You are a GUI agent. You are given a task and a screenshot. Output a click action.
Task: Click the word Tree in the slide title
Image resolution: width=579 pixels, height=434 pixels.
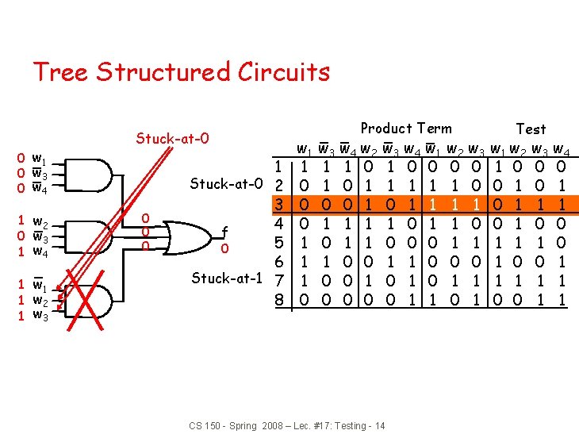59,72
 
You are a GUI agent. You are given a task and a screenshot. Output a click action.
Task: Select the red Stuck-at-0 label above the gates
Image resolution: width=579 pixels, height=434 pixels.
172,139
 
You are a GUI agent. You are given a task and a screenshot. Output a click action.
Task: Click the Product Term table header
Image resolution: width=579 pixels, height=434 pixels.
406,129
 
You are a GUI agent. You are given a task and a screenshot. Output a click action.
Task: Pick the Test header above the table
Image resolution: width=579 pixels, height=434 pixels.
531,129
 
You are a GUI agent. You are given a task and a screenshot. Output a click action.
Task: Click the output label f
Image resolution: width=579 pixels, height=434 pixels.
224,232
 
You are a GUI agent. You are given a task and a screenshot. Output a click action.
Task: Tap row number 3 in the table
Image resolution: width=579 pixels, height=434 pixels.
278,204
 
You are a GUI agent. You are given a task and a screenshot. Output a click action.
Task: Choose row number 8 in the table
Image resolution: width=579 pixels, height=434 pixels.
278,300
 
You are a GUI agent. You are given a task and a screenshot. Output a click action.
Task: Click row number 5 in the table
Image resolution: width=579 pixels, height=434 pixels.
278,243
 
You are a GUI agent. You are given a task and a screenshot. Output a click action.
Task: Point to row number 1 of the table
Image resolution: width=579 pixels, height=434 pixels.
278,166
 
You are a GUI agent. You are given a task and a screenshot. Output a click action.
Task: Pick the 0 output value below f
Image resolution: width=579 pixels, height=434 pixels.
224,249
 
